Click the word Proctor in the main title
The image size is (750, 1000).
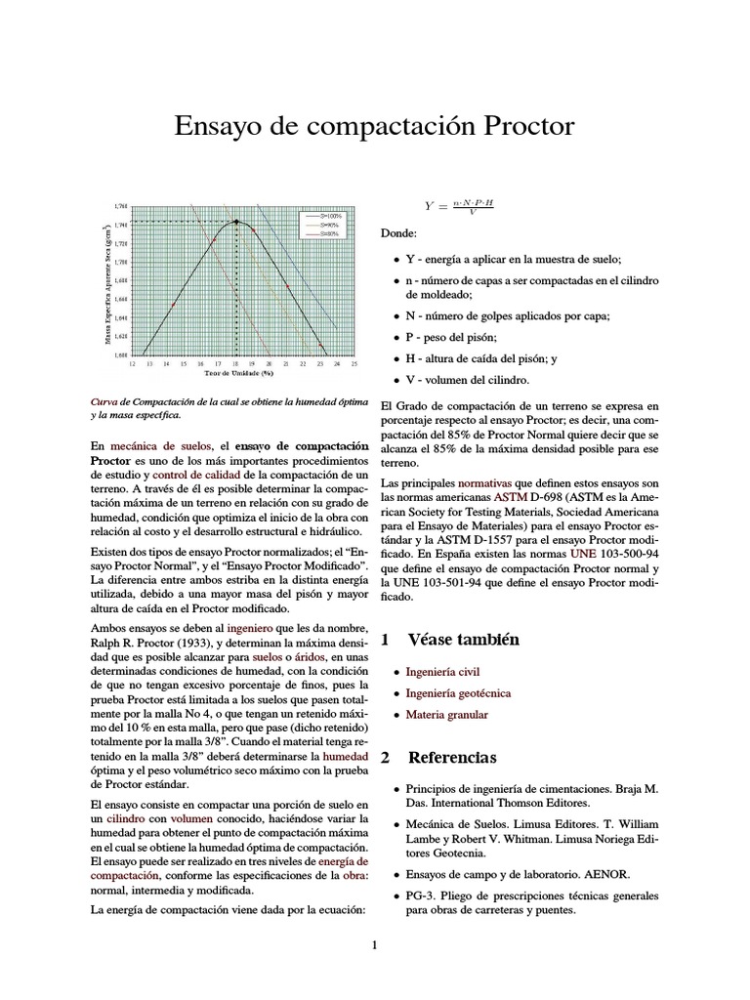point(522,126)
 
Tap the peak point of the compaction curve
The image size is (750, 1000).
point(236,223)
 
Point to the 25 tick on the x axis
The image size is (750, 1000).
point(354,363)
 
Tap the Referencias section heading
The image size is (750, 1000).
point(451,758)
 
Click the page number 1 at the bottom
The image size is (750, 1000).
point(374,944)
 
